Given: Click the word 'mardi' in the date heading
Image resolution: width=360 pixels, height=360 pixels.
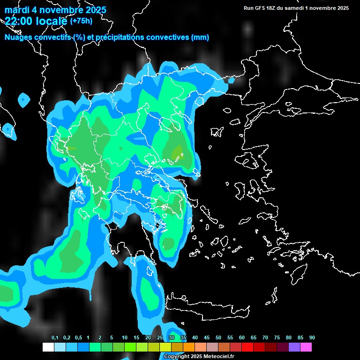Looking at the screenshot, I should tap(17, 10).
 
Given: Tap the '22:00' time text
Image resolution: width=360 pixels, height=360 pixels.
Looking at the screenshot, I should tap(19, 21).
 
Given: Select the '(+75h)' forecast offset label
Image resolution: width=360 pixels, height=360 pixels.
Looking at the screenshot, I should tap(81, 20).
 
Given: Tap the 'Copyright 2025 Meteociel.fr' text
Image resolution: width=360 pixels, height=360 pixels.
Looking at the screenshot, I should tap(199, 357).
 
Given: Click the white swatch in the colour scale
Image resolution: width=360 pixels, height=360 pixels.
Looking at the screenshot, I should tap(48, 347).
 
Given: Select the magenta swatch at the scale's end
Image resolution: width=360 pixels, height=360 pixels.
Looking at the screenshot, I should tap(306, 347).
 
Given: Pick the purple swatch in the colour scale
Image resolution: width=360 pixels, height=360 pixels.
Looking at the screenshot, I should tap(294, 347).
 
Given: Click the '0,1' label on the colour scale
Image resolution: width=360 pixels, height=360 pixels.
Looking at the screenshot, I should tap(55, 338).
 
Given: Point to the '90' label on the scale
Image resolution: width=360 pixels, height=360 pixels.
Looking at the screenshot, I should tap(312, 338).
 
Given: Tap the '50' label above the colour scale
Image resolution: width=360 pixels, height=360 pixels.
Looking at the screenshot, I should tap(218, 338).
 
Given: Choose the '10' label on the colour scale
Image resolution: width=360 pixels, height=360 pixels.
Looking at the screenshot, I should tap(125, 338).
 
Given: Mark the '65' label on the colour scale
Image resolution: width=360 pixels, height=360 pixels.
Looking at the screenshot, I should tap(254, 338).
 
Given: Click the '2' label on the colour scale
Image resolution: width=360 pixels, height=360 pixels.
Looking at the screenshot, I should tap(100, 338).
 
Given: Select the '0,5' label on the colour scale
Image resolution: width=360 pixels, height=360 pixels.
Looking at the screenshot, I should tap(78, 338).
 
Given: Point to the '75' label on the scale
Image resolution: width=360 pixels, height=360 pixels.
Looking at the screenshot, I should tap(277, 338).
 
